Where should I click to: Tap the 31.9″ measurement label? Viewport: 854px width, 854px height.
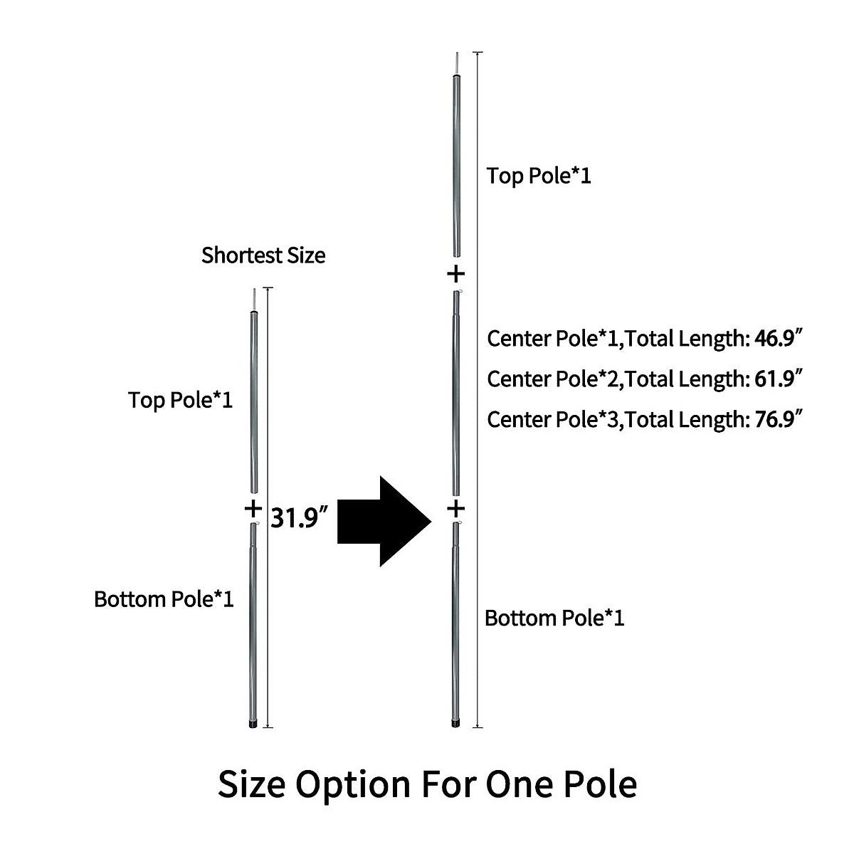[299, 519]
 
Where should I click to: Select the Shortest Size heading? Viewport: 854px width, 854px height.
[263, 255]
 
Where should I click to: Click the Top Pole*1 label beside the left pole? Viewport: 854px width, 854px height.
[181, 400]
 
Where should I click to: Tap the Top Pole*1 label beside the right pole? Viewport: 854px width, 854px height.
[539, 176]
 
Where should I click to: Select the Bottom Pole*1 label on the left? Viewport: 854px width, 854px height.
[164, 599]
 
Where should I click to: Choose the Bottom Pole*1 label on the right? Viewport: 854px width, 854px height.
[554, 618]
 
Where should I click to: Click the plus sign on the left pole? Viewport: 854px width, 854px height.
[253, 508]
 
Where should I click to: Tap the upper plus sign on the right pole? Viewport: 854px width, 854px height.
[455, 273]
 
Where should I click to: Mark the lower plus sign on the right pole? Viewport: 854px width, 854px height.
[455, 508]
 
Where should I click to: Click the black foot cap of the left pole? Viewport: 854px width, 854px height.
[253, 724]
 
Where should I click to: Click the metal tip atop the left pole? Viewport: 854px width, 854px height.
[253, 299]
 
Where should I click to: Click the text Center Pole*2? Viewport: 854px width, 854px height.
[544, 379]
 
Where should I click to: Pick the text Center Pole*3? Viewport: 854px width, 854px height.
[544, 419]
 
